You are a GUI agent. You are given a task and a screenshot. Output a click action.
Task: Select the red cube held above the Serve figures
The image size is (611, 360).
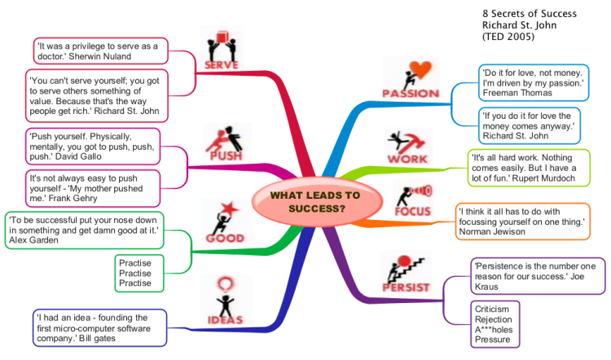(x=222, y=37)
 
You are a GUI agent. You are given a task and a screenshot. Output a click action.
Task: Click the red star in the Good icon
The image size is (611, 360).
(x=229, y=209)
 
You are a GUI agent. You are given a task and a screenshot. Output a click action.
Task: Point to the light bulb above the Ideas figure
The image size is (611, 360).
(x=225, y=284)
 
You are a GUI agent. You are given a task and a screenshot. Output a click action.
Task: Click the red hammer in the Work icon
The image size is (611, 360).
(x=414, y=142)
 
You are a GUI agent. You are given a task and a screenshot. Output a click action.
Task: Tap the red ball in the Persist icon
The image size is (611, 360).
(x=404, y=261)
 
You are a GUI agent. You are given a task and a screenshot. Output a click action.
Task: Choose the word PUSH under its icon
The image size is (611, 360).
(x=226, y=156)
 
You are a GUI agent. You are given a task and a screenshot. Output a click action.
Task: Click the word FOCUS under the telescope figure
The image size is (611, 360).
(x=413, y=212)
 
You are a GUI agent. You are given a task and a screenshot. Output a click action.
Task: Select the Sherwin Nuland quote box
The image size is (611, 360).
(x=100, y=51)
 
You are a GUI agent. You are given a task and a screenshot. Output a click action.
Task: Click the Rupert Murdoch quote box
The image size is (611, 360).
(x=529, y=168)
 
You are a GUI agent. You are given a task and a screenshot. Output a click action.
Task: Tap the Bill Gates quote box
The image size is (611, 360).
(x=99, y=328)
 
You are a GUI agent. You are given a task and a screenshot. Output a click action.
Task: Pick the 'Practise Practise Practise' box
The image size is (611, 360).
(x=139, y=273)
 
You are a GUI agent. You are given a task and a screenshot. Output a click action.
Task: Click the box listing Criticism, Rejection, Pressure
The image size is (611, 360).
(x=495, y=324)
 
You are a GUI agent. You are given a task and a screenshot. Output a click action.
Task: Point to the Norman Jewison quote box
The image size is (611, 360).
(x=522, y=222)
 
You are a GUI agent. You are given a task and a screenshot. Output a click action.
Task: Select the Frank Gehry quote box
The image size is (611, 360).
(x=93, y=189)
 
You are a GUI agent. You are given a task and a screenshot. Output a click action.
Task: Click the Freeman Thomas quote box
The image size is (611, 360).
(x=534, y=83)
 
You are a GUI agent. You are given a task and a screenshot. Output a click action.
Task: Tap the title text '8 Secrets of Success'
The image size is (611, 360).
(x=530, y=14)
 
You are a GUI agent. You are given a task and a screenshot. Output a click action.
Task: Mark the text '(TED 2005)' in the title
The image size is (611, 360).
(x=508, y=37)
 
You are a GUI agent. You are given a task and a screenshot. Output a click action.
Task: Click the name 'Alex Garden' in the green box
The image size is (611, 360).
(x=33, y=240)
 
